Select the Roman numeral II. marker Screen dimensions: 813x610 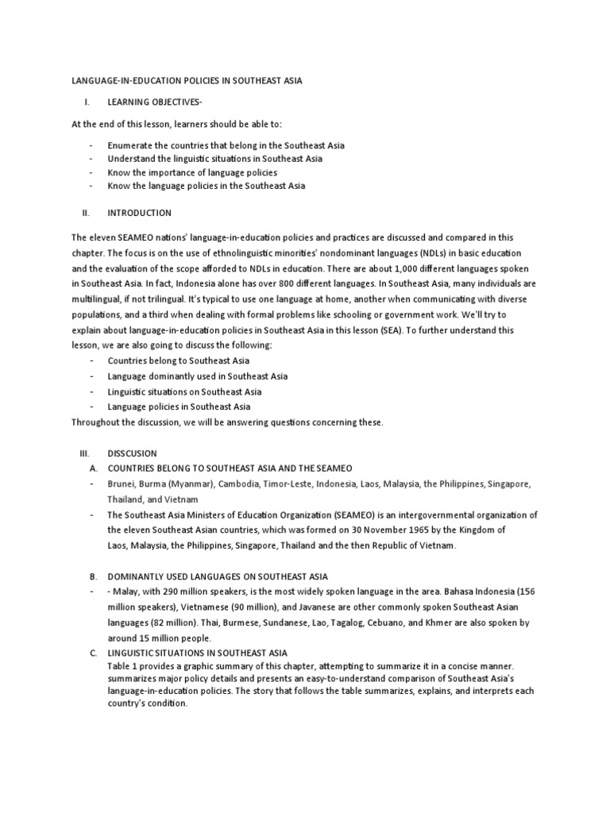point(87,213)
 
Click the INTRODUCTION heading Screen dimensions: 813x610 point(139,213)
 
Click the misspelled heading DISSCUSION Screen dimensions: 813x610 point(133,453)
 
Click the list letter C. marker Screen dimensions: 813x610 point(93,653)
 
